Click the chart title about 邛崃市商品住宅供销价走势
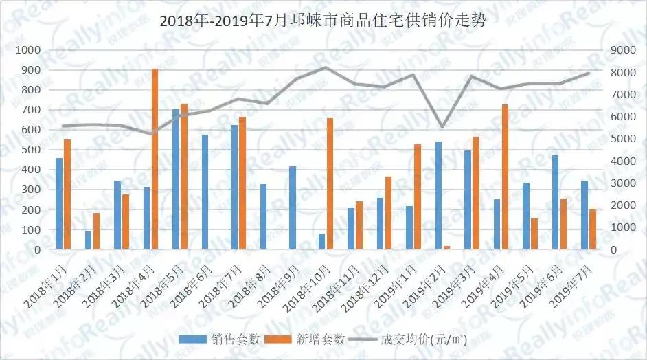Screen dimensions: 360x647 tap(323, 21)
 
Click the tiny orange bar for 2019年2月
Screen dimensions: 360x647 tap(446, 247)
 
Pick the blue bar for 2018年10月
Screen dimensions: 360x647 tap(321, 241)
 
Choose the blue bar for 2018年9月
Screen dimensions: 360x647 tap(293, 207)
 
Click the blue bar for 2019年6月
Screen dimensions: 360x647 tap(555, 202)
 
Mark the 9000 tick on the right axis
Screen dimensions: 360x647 tap(615, 50)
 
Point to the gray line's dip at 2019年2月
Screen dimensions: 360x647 tap(442, 127)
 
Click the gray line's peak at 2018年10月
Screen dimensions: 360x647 tap(326, 67)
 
